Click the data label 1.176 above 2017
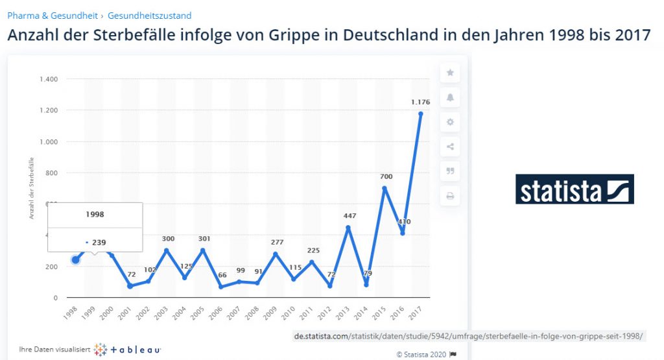coord(420,102)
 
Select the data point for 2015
coord(385,188)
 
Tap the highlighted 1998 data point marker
coord(75,260)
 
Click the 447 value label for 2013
coord(348,216)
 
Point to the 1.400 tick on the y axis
coord(49,79)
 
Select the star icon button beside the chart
coord(450,73)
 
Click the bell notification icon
coord(450,97)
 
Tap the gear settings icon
coord(450,122)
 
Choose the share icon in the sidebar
coord(450,147)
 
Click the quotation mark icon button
coord(450,171)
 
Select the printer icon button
coord(450,196)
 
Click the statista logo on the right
coord(575,189)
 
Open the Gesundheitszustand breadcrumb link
coord(150,16)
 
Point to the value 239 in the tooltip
coord(99,242)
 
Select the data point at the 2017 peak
coord(421,114)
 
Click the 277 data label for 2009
coord(276,242)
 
